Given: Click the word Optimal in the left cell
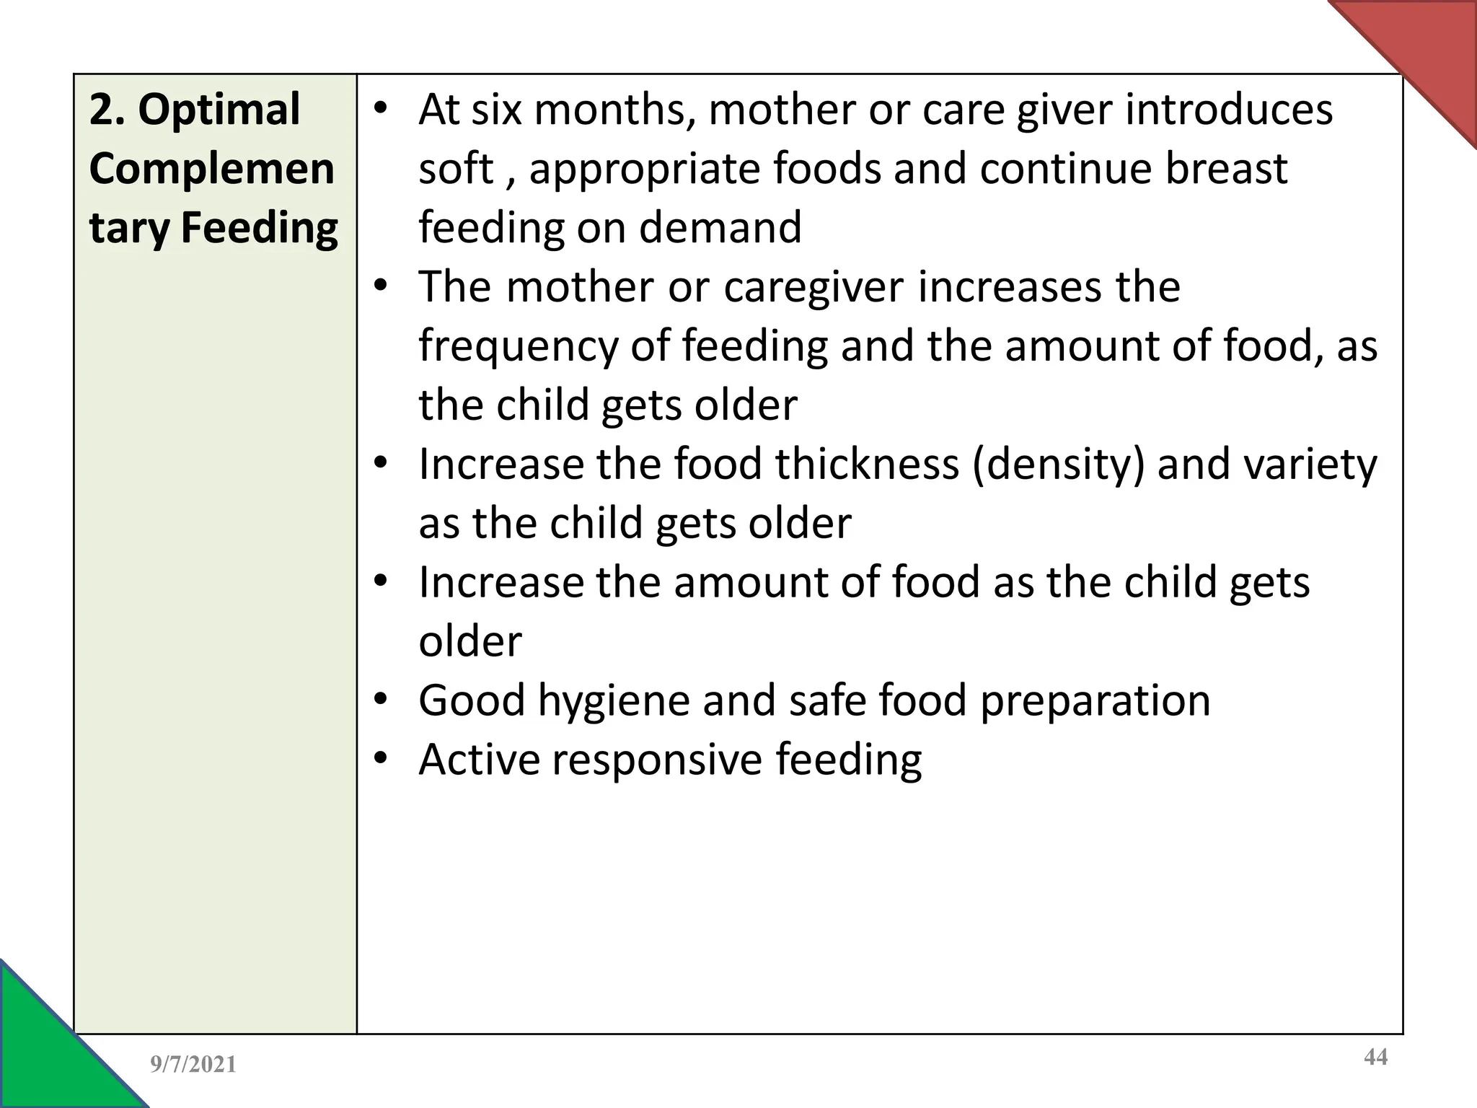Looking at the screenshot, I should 219,110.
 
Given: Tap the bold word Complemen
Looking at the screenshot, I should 211,169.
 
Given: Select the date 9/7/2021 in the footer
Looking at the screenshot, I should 193,1064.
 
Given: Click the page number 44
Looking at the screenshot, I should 1375,1058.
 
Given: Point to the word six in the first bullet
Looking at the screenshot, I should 496,110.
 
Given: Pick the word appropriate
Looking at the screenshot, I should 644,170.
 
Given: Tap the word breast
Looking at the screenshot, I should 1225,169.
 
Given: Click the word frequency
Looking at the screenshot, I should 518,346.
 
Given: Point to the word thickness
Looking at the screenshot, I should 867,464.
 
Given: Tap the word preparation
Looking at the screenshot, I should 1095,702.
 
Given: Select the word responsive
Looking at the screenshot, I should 657,760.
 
